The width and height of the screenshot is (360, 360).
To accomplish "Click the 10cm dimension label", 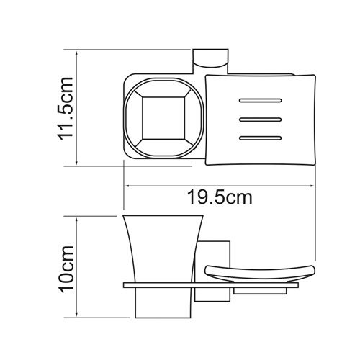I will point(66,268).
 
